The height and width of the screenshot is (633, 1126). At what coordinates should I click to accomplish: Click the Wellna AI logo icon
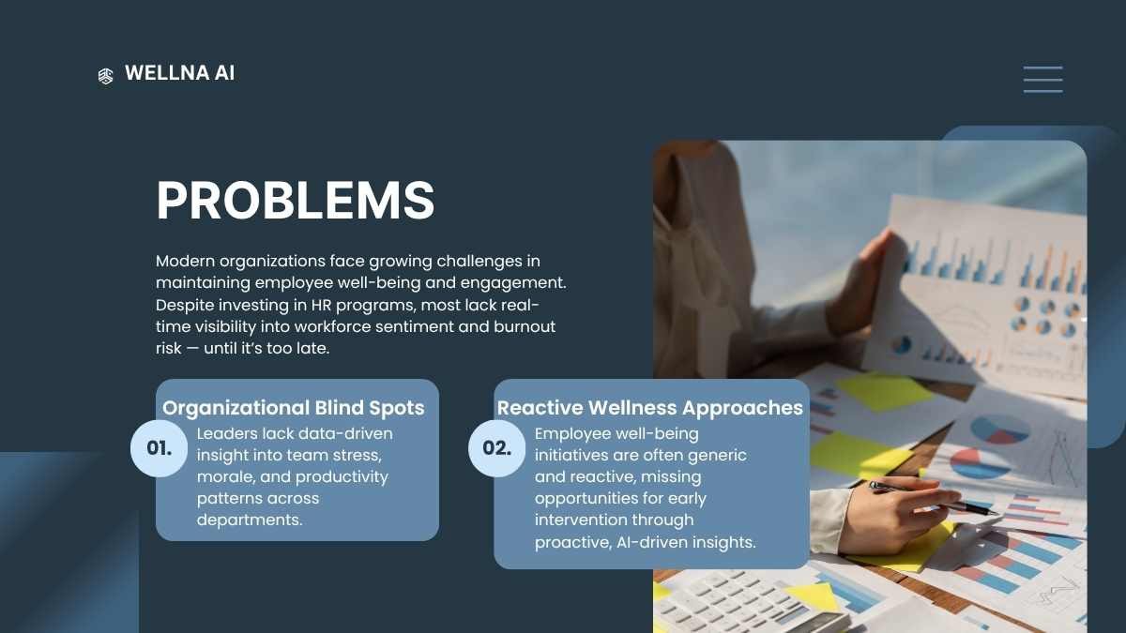[105, 76]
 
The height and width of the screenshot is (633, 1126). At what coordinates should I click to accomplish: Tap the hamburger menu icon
[1043, 80]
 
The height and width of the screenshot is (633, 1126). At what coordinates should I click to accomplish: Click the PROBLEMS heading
[296, 200]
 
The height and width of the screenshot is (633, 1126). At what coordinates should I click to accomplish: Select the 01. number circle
[159, 448]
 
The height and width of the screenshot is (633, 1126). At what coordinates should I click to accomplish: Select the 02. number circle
[496, 448]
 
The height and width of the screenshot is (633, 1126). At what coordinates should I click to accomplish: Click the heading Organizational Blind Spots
[294, 408]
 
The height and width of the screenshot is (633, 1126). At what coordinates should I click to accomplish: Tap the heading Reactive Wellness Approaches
[650, 408]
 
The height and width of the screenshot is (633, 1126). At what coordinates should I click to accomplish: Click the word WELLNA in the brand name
[167, 73]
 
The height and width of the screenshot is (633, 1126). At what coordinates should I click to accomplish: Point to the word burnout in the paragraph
[525, 326]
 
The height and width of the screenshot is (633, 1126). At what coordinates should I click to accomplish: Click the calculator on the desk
[749, 603]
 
